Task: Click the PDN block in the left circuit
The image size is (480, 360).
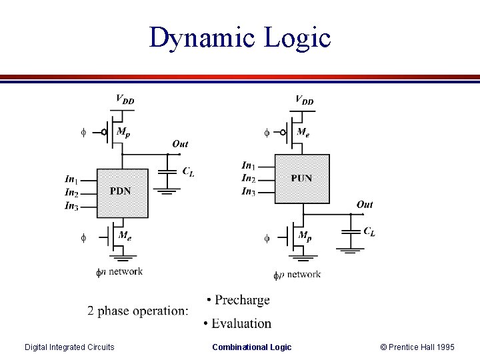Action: click(122, 192)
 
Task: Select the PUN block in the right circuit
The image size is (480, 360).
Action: click(302, 178)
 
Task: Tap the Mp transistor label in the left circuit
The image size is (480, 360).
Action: click(123, 132)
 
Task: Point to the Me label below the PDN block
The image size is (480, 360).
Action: click(124, 235)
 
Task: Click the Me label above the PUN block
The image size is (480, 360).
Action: click(303, 133)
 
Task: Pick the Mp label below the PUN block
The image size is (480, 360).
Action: click(304, 235)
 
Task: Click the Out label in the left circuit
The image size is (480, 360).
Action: click(180, 144)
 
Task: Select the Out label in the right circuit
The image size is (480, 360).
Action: click(365, 205)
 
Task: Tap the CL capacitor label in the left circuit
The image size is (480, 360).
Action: click(189, 172)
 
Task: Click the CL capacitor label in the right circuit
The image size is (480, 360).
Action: click(369, 232)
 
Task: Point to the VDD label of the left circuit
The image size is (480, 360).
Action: click(125, 99)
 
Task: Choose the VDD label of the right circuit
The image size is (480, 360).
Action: click(304, 100)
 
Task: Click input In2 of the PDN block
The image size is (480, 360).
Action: click(71, 193)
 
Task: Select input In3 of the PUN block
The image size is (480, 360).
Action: click(249, 192)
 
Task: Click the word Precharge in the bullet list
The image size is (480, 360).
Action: click(242, 300)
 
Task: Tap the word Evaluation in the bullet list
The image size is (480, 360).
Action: click(241, 323)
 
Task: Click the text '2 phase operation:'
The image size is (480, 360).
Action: click(138, 311)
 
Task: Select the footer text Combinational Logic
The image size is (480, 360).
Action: click(251, 347)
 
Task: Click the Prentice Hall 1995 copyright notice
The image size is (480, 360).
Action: click(417, 347)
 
